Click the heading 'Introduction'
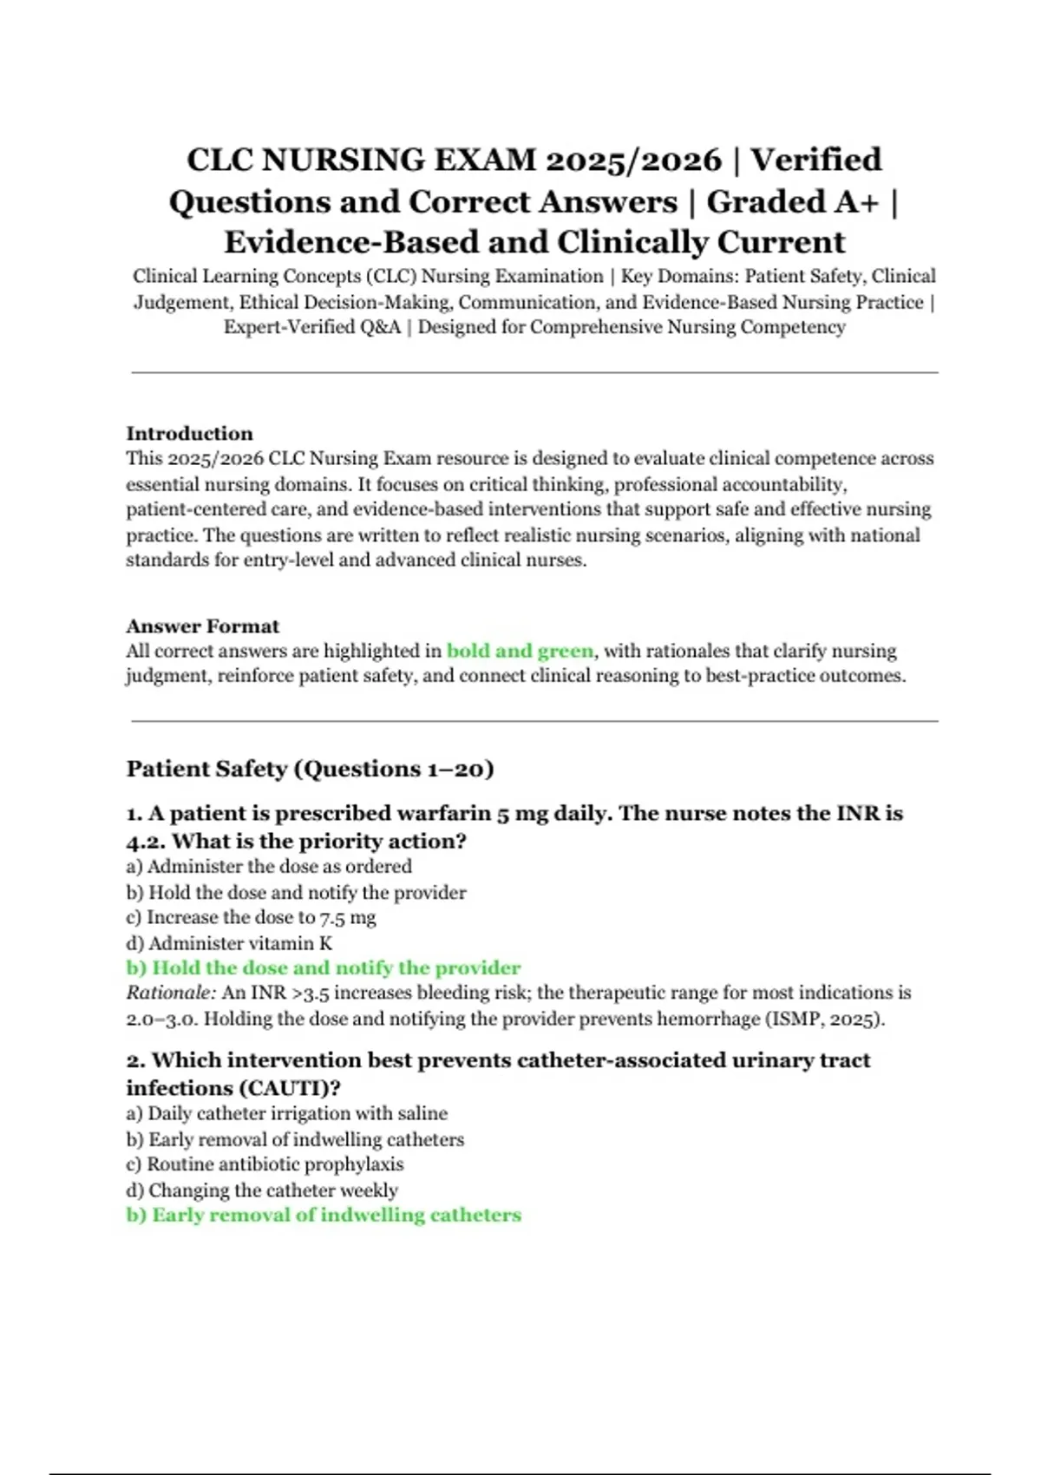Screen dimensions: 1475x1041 189,434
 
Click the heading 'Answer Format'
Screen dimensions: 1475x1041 202,626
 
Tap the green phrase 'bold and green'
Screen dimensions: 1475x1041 520,651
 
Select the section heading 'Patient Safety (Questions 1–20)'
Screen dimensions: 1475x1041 310,769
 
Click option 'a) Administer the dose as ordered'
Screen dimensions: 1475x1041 269,866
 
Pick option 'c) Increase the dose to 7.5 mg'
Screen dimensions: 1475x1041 251,917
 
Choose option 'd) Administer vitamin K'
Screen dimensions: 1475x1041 229,943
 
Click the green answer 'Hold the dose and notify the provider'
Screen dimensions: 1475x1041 336,967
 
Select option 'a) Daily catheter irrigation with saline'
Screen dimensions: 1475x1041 286,1113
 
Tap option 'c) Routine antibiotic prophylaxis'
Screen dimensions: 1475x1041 265,1164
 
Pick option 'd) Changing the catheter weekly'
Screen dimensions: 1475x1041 262,1190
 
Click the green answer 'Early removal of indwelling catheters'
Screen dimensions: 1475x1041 336,1215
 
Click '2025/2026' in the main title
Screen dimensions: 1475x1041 633,161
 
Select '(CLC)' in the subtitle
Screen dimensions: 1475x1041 390,277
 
